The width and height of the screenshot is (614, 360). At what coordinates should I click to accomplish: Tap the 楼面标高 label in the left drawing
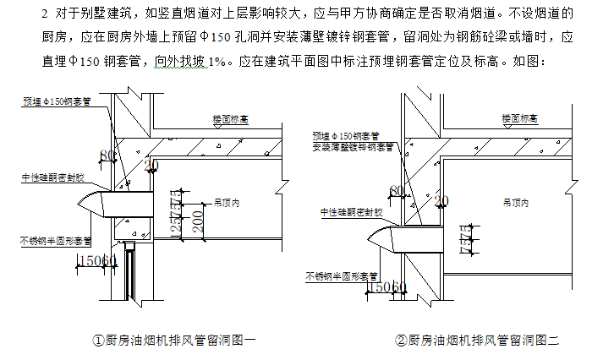pos(228,119)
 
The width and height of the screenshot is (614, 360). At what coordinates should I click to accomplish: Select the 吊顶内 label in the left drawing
pos(228,203)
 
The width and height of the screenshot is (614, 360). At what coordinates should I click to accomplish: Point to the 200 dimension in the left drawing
pos(196,221)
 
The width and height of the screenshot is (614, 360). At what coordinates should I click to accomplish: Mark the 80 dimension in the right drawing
pos(397,191)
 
